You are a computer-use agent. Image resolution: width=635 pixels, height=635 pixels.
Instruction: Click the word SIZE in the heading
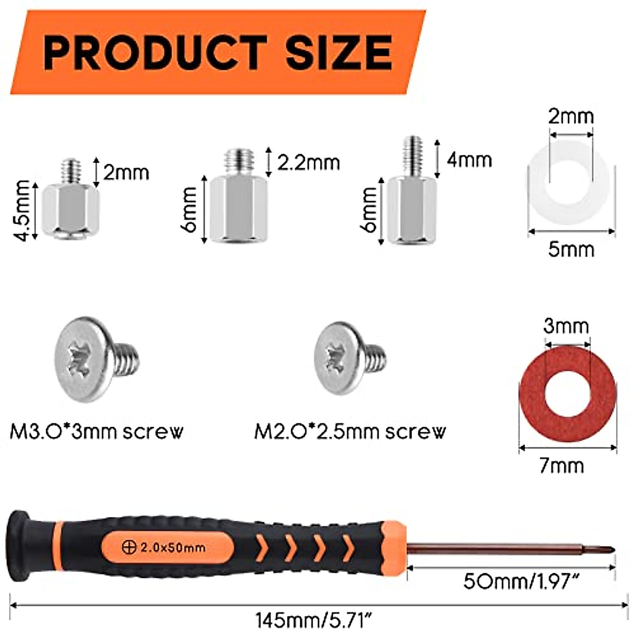339,53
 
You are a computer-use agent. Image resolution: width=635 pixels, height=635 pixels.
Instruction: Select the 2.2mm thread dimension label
309,162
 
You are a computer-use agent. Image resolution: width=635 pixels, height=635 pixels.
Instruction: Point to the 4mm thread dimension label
469,160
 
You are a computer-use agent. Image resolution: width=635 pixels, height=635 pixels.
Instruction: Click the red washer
568,395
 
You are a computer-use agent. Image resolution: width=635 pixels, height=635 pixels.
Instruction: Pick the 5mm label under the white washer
571,249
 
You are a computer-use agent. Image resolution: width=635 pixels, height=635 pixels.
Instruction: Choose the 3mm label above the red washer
566,326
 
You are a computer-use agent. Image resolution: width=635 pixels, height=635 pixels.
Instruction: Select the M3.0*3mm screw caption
97,432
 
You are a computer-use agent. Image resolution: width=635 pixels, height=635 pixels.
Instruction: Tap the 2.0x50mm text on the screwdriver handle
173,548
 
